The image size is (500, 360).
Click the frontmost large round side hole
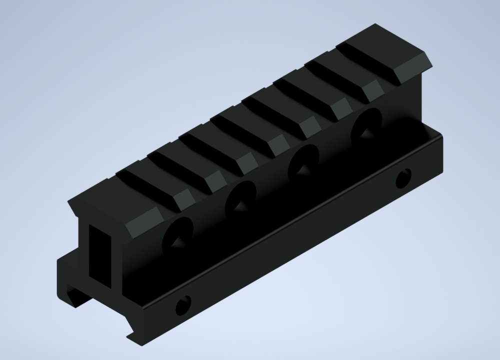(178, 233)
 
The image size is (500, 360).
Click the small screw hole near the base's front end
(183, 304)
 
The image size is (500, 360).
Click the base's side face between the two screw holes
(295, 240)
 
